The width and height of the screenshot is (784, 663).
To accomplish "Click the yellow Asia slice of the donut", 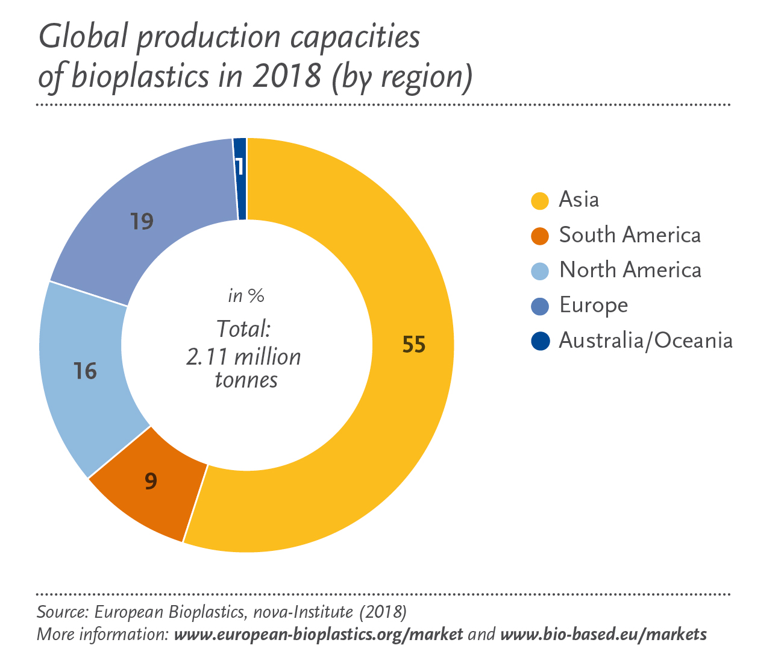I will click(386, 422).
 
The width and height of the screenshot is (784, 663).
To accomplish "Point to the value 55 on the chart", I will click(414, 345).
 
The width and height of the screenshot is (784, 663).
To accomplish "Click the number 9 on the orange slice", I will click(151, 480).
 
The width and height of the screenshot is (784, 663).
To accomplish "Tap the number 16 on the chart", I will click(85, 371).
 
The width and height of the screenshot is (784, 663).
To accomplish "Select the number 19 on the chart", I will click(142, 222).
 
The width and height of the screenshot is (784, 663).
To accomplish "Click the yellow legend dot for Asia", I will click(540, 200).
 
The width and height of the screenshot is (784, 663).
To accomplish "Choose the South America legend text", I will click(630, 235).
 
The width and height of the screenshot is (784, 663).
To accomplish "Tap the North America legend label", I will click(630, 270).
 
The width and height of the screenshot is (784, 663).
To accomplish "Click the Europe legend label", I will click(594, 306).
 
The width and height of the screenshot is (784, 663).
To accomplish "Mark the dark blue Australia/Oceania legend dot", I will click(540, 341).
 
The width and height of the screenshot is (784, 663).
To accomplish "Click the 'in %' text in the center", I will click(246, 296).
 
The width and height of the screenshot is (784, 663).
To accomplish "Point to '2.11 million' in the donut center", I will click(243, 357).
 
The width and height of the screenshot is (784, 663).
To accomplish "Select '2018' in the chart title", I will click(287, 77).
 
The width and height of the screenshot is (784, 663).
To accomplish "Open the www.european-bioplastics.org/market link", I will click(318, 635).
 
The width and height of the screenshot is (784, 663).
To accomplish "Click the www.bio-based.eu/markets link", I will click(603, 635).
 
